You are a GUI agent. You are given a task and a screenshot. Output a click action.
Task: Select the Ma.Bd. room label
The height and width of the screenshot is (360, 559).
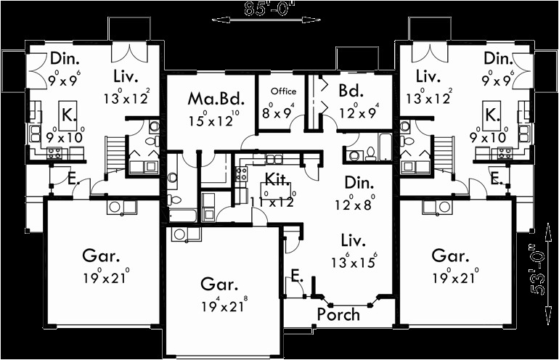[206, 98]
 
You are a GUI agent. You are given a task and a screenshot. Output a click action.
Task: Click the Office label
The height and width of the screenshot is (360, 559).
[284, 92]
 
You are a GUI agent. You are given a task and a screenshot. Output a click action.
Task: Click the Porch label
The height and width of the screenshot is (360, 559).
[338, 314]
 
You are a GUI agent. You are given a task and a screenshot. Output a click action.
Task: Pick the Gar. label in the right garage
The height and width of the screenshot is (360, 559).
[452, 255]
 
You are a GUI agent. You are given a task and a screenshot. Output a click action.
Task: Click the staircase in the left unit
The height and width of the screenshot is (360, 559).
[113, 152]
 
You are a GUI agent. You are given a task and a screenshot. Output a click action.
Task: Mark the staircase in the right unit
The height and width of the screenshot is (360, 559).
[445, 152]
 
